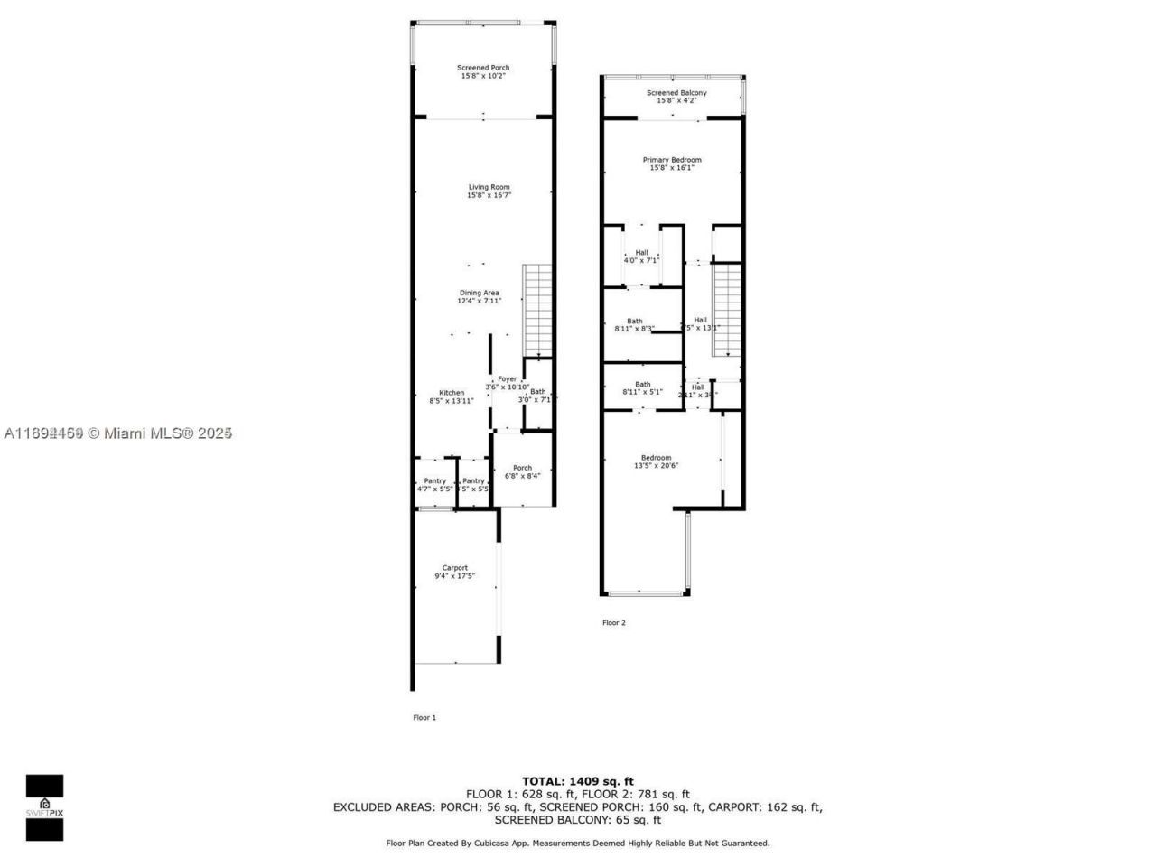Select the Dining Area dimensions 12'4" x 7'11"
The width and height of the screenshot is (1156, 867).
pos(479,301)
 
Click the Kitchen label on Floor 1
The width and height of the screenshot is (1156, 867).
pos(452,393)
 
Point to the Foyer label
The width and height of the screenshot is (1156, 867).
pos(508,379)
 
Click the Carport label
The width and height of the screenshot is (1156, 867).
pos(454,568)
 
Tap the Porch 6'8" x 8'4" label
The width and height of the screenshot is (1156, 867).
pos(522,471)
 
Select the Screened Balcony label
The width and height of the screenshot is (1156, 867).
pos(676,93)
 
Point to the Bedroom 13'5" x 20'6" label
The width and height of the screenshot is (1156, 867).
pos(656,461)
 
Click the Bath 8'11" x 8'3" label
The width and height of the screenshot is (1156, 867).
pos(635,324)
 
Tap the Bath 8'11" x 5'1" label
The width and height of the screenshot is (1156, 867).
pos(642,388)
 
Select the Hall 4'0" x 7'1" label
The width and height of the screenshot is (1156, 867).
pos(641,256)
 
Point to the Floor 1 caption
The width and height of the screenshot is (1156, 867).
pos(424,718)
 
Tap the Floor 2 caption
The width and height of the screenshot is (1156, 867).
pos(613,622)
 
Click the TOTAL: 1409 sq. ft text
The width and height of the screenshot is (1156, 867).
pos(578,781)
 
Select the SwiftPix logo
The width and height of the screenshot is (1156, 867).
pos(44,807)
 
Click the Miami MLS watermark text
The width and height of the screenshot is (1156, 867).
pos(118,433)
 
